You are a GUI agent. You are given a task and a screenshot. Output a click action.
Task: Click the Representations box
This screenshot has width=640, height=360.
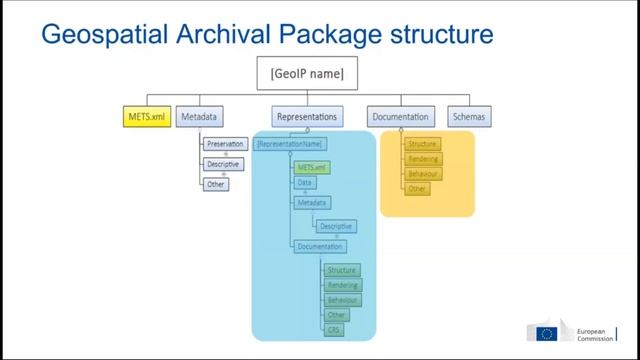click(x=305, y=117)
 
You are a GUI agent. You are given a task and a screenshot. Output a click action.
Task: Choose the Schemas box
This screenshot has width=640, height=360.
click(x=470, y=117)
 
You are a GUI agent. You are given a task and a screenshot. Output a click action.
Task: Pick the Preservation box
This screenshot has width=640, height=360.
click(x=224, y=144)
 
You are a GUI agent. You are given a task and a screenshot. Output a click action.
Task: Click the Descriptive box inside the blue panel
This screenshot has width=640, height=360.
click(x=335, y=226)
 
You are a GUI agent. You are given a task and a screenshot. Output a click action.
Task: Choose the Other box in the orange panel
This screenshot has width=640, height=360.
click(x=418, y=188)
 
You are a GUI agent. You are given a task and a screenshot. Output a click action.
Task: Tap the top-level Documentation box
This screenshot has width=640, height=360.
click(x=402, y=117)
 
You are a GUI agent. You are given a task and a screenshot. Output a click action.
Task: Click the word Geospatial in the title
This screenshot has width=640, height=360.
click(x=96, y=35)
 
